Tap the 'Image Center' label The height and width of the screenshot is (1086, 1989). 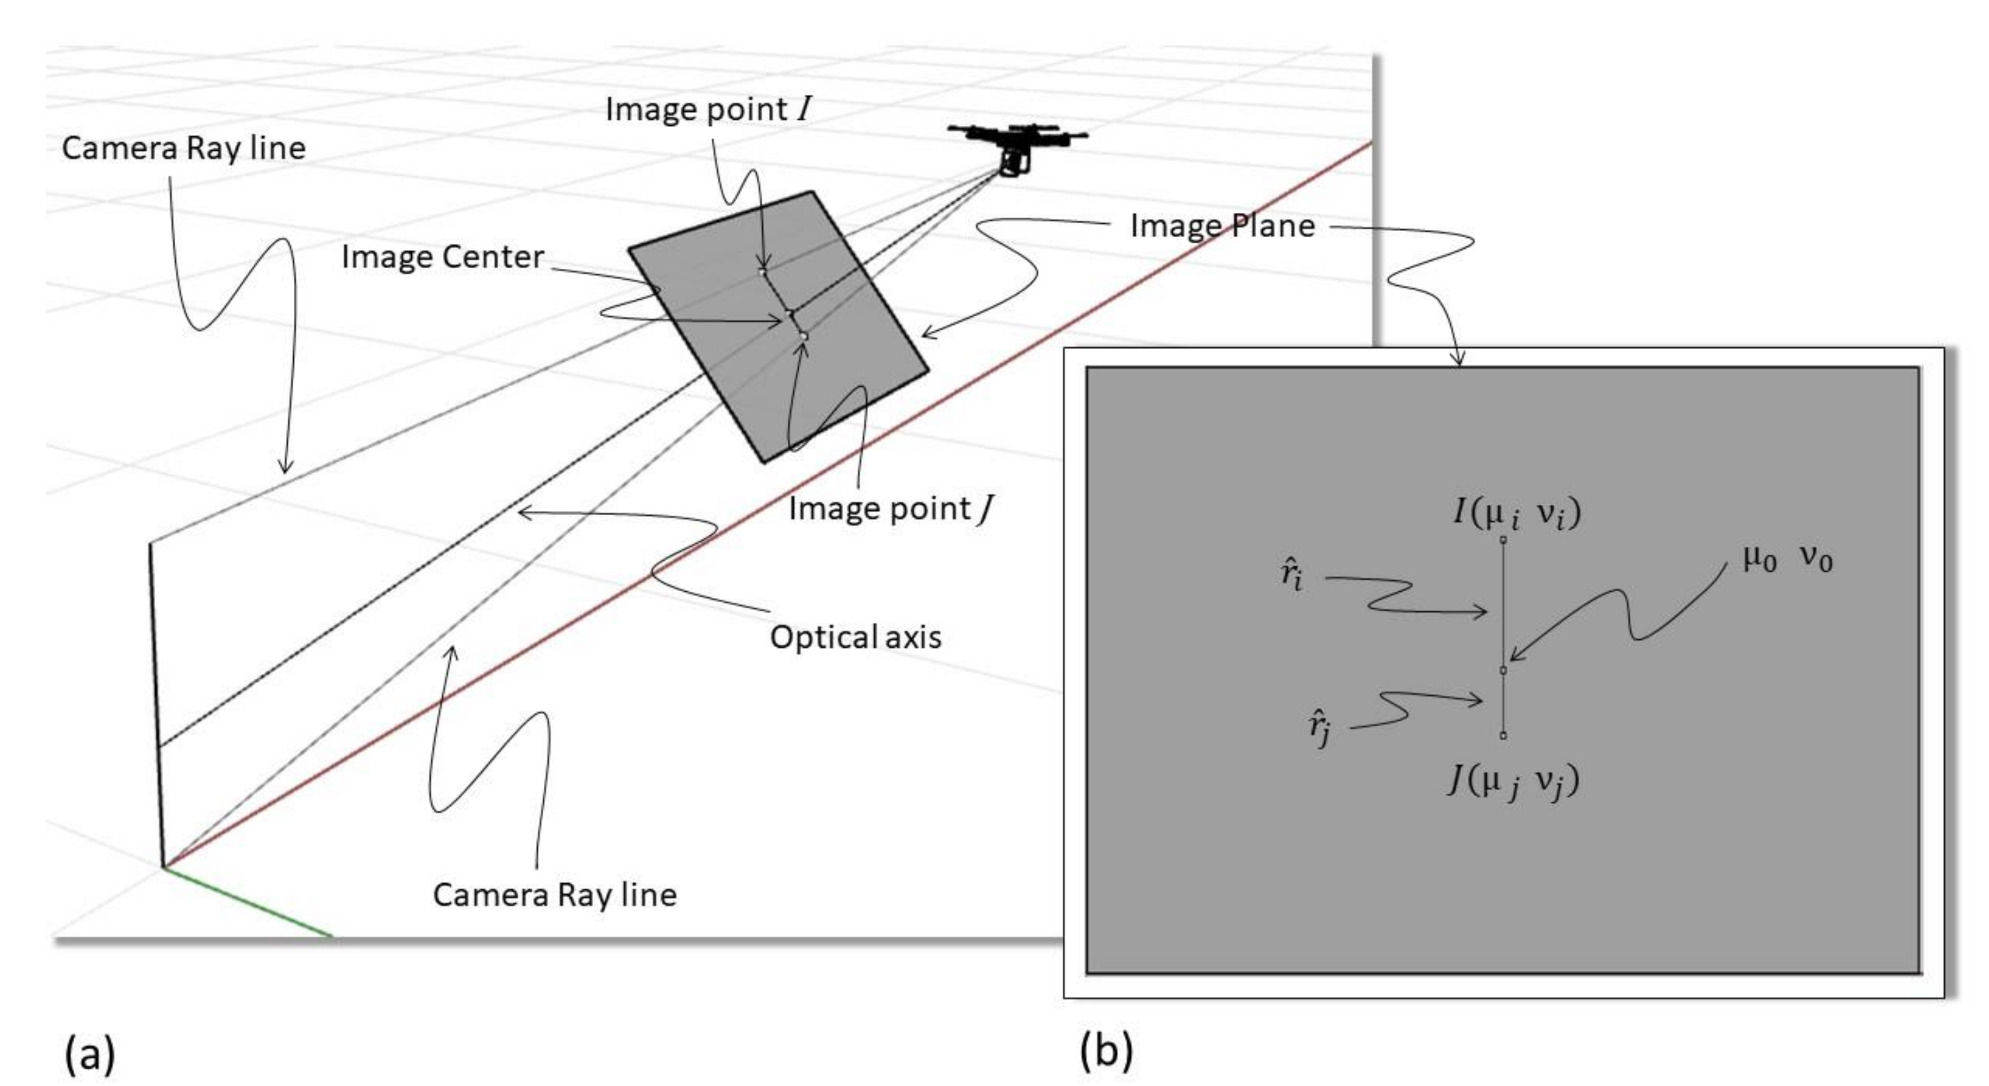(442, 257)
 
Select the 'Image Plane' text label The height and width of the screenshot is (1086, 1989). (1222, 226)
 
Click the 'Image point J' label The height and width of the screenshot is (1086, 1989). (890, 509)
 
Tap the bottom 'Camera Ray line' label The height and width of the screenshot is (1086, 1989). (554, 895)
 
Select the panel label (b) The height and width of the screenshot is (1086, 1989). (1106, 1051)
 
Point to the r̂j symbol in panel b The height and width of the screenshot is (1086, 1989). (1319, 729)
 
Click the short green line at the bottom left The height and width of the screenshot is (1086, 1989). (247, 901)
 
